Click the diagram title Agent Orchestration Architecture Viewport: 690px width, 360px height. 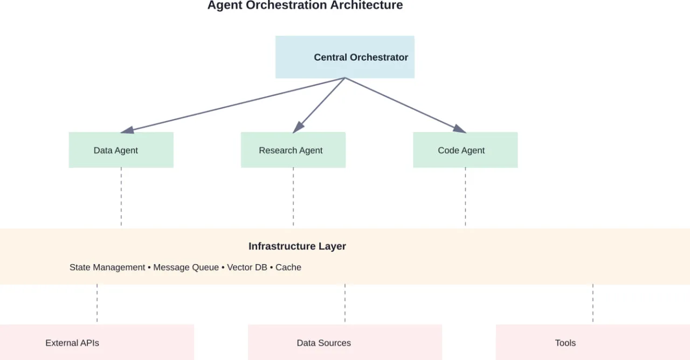coord(305,6)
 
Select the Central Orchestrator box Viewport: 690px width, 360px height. coord(345,57)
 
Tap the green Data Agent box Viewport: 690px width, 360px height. coord(121,150)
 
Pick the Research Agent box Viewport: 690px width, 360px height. coord(293,150)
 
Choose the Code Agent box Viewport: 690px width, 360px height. coord(465,150)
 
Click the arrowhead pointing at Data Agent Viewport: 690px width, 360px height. coord(127,130)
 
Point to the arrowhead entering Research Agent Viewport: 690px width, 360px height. coord(298,128)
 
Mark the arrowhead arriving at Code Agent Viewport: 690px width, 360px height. coord(459,129)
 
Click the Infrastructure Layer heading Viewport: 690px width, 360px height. coord(297,246)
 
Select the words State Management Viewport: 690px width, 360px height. coord(107,267)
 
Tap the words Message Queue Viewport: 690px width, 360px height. coord(186,267)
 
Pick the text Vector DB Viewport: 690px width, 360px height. coord(247,267)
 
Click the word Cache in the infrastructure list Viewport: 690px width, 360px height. coord(288,267)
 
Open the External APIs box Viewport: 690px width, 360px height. coord(97,342)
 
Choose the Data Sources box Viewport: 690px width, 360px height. coord(345,342)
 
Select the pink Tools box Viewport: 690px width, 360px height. coord(592,342)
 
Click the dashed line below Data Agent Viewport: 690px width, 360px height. coord(121,197)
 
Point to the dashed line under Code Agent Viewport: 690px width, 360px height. coord(465,197)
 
